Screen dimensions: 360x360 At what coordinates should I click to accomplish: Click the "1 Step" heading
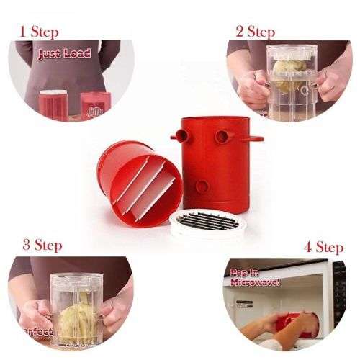pos(39,32)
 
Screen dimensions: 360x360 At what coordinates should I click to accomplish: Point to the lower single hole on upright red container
pos(202,186)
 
